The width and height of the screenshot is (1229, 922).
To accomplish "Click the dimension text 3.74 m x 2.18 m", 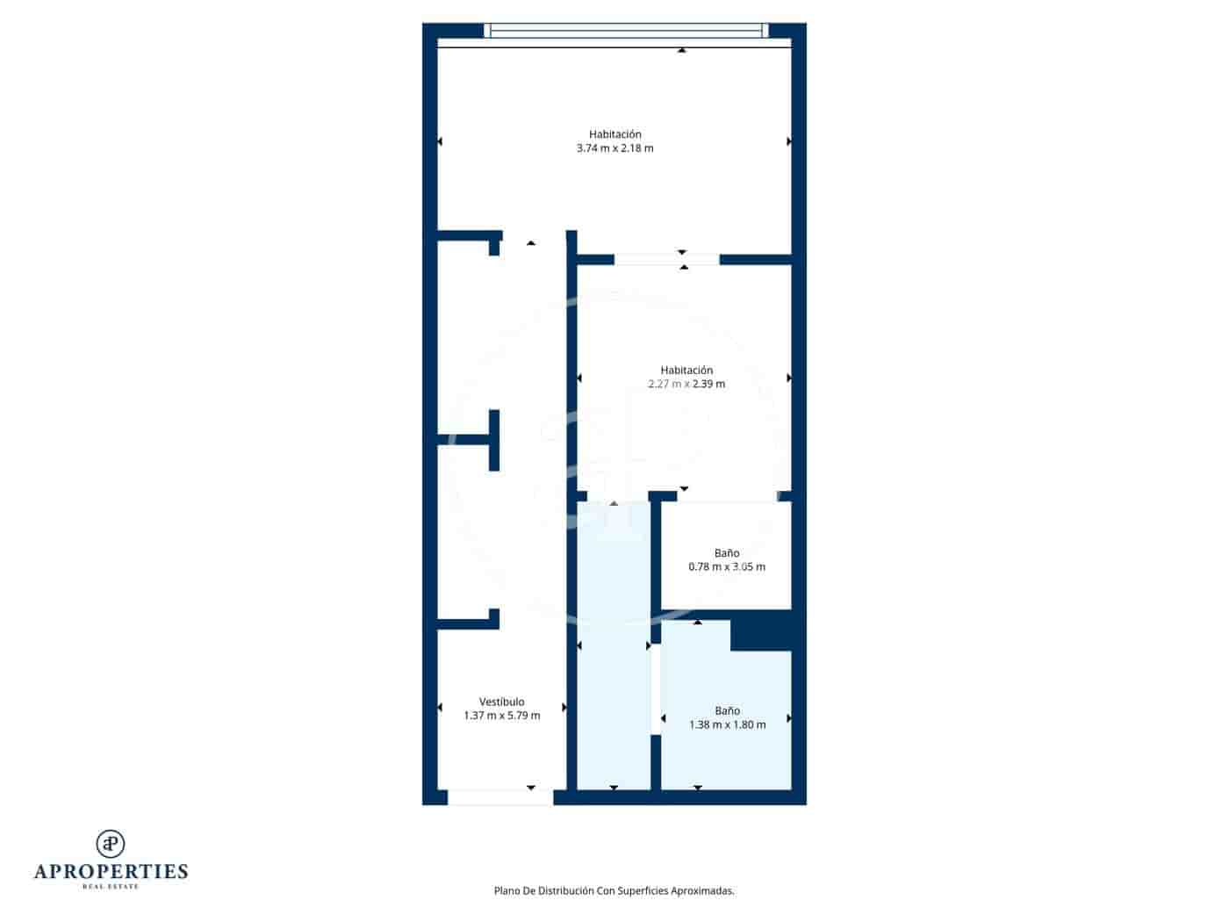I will (x=614, y=148).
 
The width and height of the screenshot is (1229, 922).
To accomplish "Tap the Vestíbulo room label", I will (x=502, y=702).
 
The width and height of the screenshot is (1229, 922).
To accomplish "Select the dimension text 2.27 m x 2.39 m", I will (x=686, y=384).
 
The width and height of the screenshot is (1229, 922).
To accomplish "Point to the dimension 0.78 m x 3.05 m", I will (x=727, y=566).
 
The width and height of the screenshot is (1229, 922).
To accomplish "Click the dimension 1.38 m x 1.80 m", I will (x=727, y=724).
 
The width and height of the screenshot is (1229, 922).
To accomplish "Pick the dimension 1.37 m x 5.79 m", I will (x=502, y=716).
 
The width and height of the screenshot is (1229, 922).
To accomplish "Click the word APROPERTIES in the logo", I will (x=111, y=871).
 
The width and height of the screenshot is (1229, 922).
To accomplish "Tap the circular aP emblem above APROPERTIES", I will (x=111, y=844).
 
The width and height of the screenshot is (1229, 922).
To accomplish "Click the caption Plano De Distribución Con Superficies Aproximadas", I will (x=614, y=890).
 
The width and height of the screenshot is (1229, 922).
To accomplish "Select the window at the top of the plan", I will (x=626, y=31).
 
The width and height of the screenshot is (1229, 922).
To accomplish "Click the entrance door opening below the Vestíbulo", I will (x=500, y=797).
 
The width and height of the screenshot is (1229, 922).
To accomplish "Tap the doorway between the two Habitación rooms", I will (x=666, y=259).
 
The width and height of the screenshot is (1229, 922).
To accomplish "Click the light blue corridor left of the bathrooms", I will (x=614, y=645).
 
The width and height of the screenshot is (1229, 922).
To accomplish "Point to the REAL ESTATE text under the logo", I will (x=111, y=886).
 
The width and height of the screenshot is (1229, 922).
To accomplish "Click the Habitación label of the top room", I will (x=614, y=134).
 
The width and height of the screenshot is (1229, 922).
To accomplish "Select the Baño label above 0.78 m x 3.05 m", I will (x=727, y=553).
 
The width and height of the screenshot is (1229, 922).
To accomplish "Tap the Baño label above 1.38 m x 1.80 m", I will (x=727, y=710).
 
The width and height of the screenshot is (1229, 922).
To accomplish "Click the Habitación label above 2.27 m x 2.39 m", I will (x=686, y=370).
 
